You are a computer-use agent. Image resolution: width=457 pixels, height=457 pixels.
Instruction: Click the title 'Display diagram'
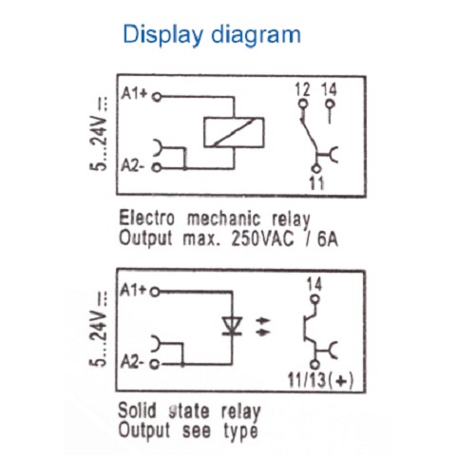click(212, 34)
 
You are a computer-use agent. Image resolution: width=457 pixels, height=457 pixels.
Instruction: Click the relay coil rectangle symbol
click(234, 132)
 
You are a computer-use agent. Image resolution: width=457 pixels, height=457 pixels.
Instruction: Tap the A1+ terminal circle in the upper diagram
click(157, 97)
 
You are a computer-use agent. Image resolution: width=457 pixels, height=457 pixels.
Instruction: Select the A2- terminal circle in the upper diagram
click(157, 167)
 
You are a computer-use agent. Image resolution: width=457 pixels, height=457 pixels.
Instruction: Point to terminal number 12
click(302, 89)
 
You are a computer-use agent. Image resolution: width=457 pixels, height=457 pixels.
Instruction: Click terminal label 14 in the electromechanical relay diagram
click(329, 89)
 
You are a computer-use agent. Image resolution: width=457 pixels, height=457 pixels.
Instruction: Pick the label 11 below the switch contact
click(316, 182)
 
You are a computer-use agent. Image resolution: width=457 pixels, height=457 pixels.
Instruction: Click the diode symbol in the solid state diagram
click(233, 326)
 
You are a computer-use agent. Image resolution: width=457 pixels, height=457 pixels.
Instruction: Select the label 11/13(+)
click(320, 379)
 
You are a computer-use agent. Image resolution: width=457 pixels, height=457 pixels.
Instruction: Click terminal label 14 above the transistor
click(314, 284)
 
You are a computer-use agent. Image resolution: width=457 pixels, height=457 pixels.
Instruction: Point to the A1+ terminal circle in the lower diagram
click(155, 292)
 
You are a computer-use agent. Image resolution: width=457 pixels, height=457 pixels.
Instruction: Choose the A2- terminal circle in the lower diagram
click(154, 364)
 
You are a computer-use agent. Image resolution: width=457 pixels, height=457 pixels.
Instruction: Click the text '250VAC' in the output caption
click(262, 238)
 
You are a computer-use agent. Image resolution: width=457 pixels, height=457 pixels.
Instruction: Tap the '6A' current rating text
click(328, 238)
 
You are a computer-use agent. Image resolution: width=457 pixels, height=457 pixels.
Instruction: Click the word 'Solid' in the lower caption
click(138, 410)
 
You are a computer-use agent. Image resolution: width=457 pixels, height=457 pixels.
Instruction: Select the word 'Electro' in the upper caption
click(146, 219)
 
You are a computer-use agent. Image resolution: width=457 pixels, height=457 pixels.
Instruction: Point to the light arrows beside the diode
click(262, 327)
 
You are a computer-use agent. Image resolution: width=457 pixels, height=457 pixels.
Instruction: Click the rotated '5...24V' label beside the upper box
click(100, 133)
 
